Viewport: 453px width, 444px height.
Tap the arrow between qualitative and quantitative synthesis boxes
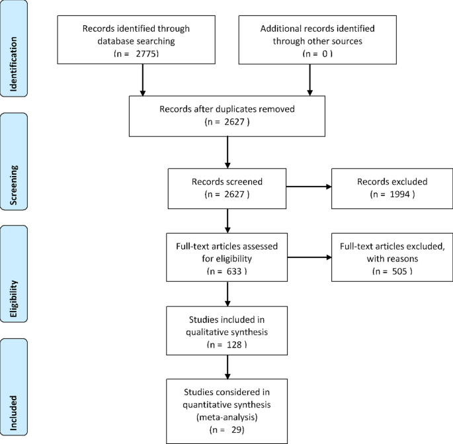227,366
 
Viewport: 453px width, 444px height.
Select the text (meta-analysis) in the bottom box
227,418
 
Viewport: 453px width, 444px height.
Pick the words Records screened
227,182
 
